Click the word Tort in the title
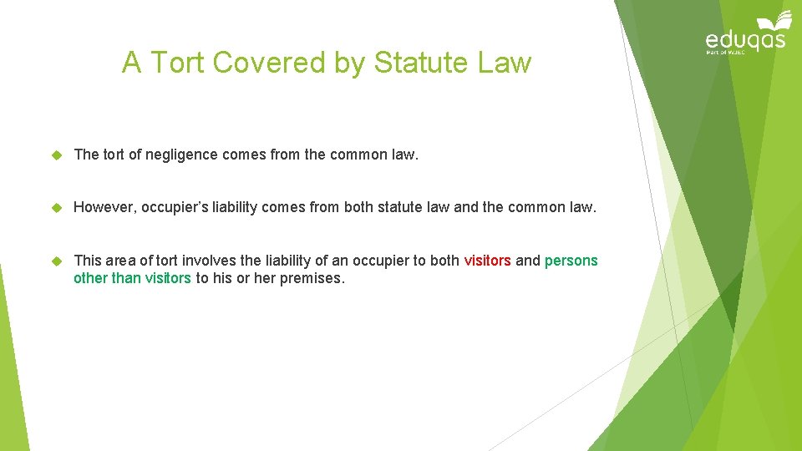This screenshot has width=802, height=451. coord(173,63)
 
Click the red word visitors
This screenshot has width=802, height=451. coord(487,261)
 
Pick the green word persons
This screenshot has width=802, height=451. coord(571,261)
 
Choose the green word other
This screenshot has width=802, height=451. coord(90,278)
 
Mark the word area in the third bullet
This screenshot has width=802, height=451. coord(120,261)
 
